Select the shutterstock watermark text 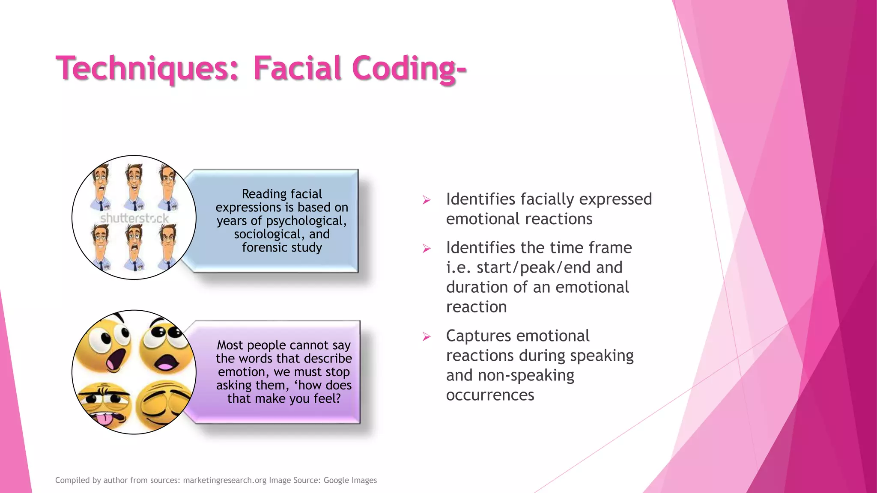(134, 218)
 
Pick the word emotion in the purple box (242, 372)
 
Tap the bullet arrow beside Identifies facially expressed (427, 200)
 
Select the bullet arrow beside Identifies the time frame (427, 248)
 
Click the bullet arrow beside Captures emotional (427, 336)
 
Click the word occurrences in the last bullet (490, 395)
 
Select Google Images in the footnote (350, 480)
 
